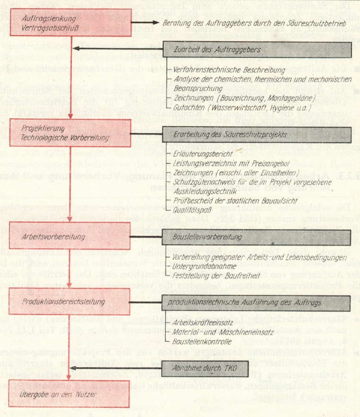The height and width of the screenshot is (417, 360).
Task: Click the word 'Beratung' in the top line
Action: tap(176, 22)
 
